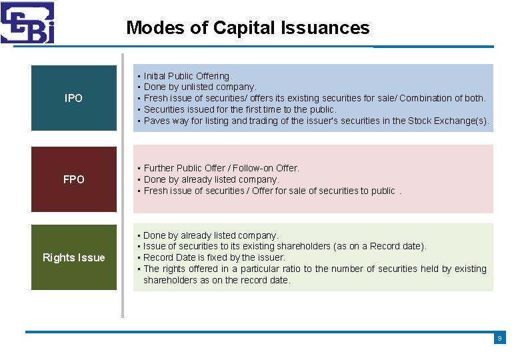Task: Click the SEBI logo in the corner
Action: (27, 22)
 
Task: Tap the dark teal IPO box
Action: (74, 98)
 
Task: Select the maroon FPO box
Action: (74, 179)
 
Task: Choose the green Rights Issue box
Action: (74, 257)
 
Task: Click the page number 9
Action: (499, 339)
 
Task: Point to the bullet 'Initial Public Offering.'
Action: (187, 76)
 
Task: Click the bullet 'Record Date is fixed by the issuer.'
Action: (214, 257)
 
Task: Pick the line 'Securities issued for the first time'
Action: (239, 109)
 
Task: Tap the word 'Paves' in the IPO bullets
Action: (157, 121)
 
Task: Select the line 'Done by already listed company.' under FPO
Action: (211, 179)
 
